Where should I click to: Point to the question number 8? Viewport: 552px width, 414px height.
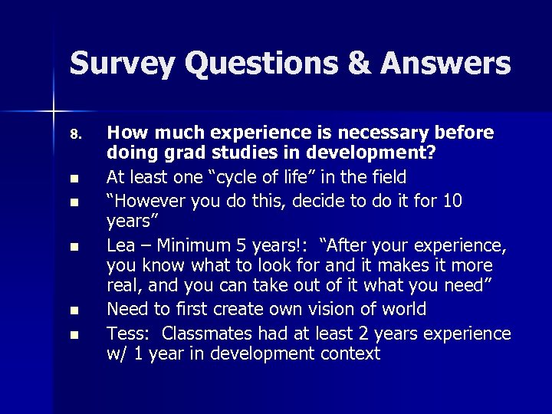click(74, 135)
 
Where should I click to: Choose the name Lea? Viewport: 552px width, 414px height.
click(121, 245)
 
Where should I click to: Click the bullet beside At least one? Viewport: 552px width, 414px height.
click(74, 180)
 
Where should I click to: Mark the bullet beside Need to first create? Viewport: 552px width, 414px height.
click(74, 311)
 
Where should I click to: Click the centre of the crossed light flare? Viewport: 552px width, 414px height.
click(53, 112)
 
